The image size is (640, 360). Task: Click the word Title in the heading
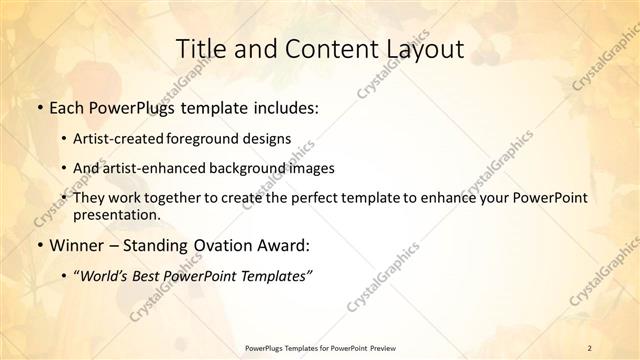pyautogui.click(x=199, y=49)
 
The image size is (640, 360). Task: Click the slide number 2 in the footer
pyautogui.click(x=590, y=347)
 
